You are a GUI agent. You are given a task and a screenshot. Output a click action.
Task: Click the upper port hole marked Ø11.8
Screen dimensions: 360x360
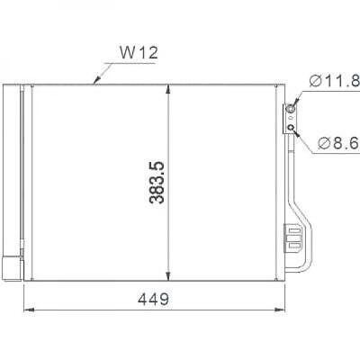point(292,112)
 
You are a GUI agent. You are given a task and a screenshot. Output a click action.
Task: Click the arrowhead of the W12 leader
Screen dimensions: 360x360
point(95,82)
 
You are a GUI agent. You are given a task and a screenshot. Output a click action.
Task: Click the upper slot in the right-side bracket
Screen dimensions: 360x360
point(294,229)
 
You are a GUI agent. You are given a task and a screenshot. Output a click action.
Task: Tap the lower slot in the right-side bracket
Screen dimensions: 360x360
point(294,240)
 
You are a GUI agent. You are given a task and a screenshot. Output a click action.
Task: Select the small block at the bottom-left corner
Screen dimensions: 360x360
point(10,268)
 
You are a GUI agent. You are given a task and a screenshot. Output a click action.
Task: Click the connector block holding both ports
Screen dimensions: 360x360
point(292,120)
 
